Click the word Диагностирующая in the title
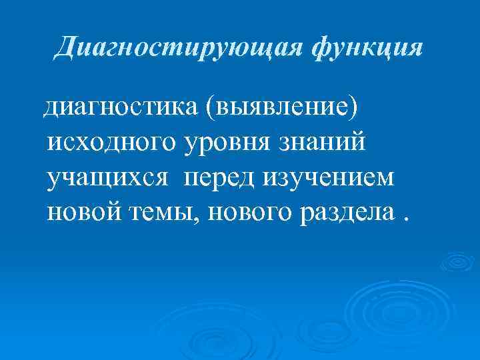(171, 48)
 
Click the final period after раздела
(406, 220)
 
